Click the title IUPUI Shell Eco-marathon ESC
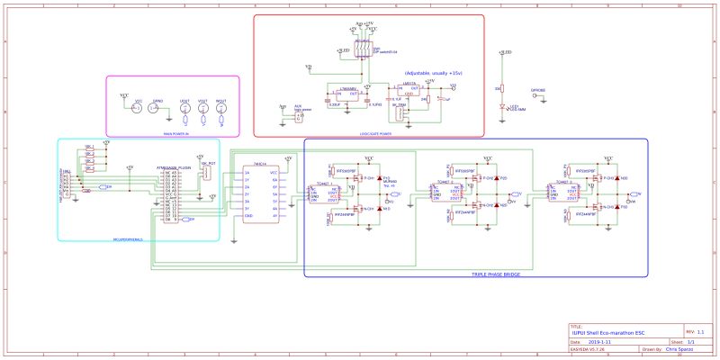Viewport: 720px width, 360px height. coord(608,334)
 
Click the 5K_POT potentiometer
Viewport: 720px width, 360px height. coord(208,173)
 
